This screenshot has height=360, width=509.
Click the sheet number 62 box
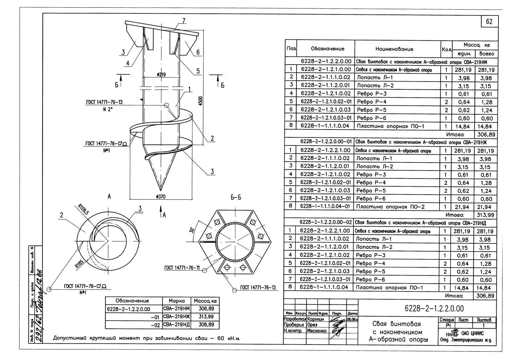489,21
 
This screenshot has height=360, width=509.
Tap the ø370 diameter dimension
160,197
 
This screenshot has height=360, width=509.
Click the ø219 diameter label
161,75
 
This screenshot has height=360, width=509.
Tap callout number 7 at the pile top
183,21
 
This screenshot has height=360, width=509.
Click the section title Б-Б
236,198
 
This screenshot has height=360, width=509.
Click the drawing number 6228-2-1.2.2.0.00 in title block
434,308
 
